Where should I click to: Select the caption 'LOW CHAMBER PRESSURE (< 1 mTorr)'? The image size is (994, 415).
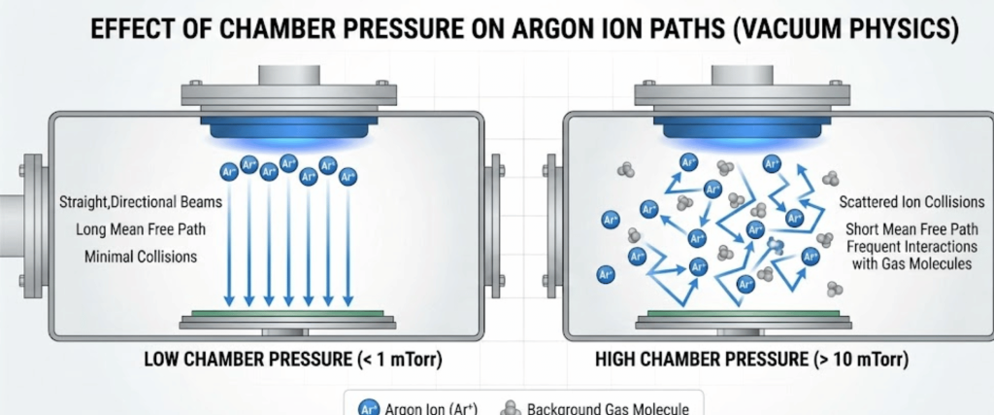292,360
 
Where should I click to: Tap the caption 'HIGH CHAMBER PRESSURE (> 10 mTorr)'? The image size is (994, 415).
752,360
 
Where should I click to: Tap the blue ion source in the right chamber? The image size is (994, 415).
738,128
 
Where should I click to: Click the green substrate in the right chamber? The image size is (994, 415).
738,313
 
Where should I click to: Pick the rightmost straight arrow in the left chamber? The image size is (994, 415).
348,243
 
